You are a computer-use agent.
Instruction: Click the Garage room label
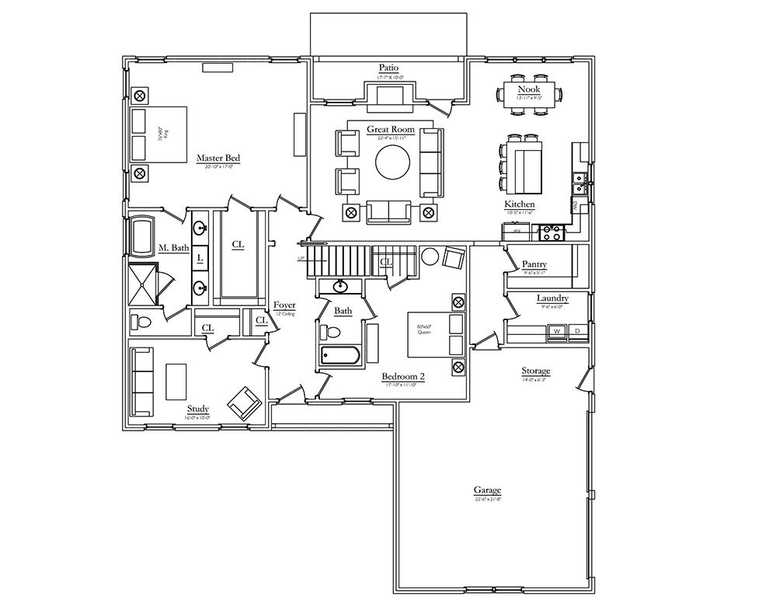tap(487, 490)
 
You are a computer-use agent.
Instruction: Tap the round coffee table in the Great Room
tap(392, 163)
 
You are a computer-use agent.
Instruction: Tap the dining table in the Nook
tap(529, 95)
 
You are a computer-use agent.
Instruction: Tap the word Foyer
tap(284, 305)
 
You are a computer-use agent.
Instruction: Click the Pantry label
tap(534, 264)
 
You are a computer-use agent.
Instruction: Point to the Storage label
tap(535, 372)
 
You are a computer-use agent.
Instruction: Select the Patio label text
tap(389, 68)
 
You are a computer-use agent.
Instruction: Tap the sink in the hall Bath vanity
tap(340, 287)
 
